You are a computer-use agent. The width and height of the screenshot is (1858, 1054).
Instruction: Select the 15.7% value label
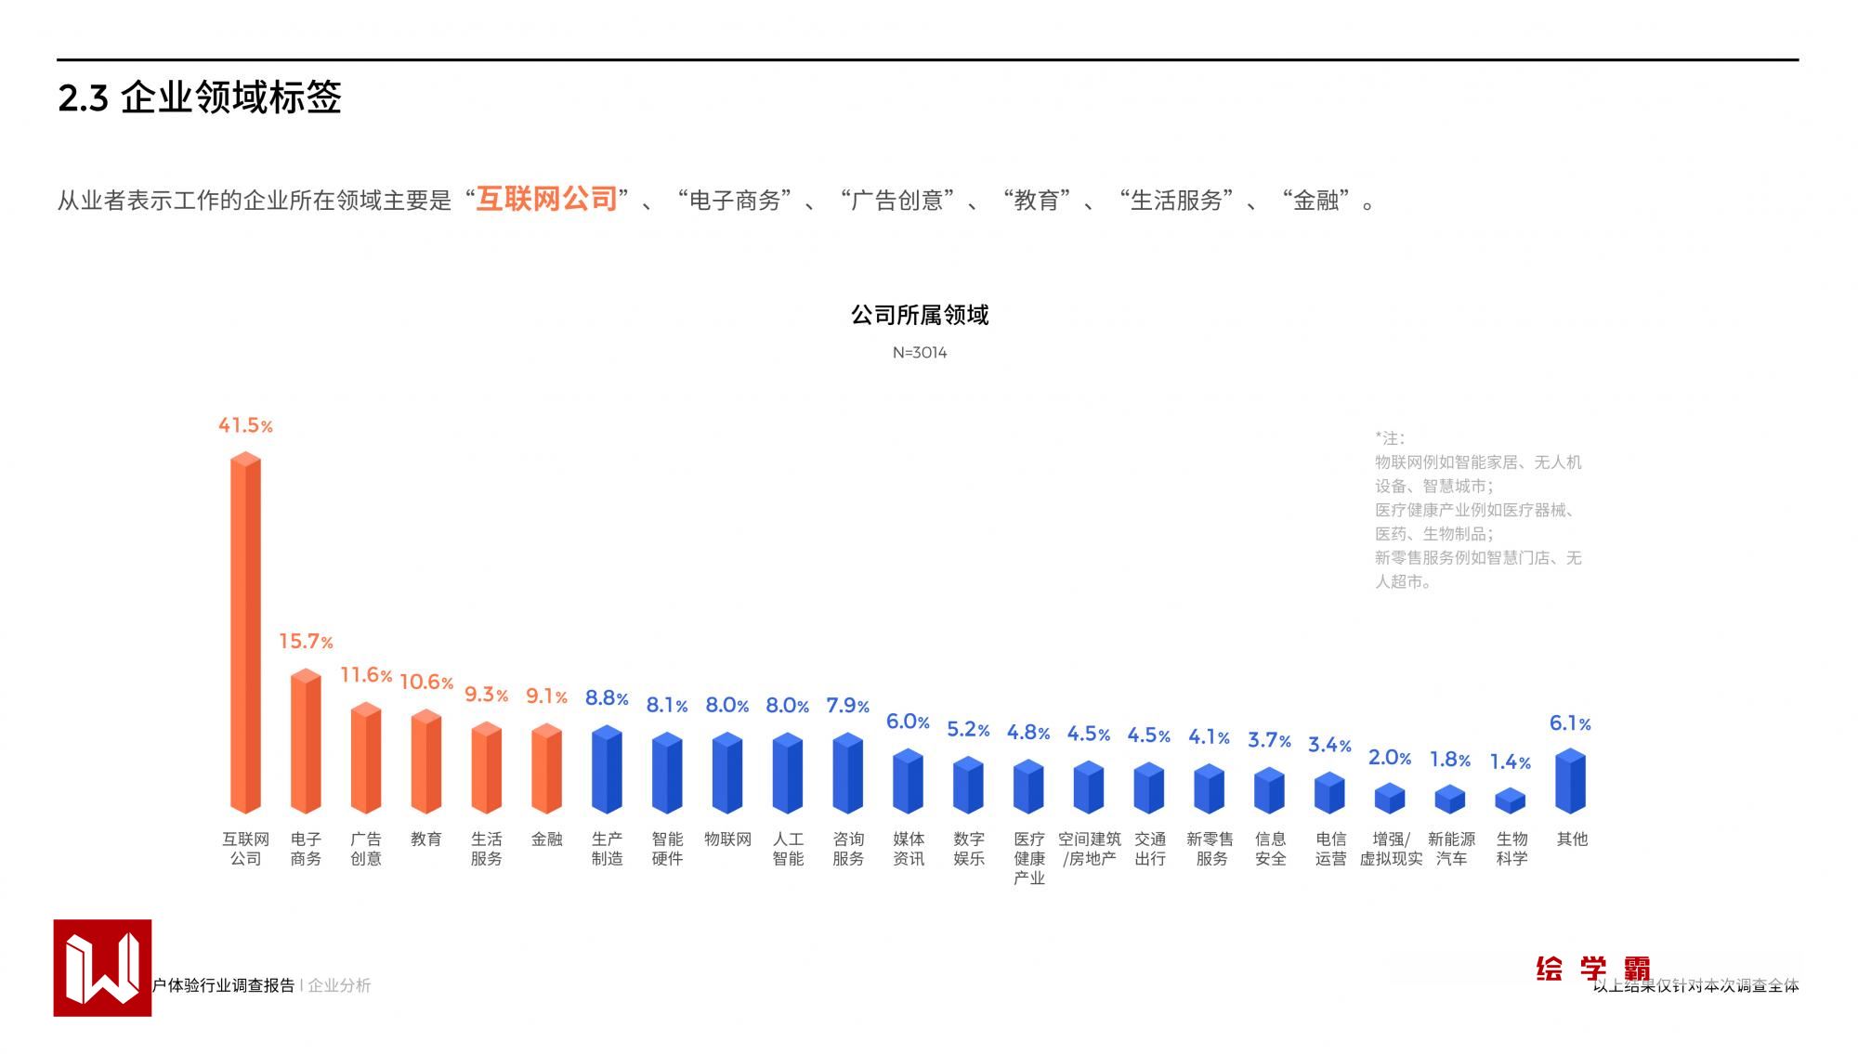click(x=306, y=642)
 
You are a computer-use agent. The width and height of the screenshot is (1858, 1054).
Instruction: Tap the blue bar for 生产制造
click(x=607, y=770)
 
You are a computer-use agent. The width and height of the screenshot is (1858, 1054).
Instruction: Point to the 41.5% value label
click(x=245, y=425)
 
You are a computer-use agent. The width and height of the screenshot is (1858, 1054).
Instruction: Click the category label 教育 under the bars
click(x=426, y=839)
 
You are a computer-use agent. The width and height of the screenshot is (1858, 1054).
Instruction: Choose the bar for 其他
click(x=1570, y=782)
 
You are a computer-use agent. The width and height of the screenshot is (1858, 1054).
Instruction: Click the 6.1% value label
click(x=1570, y=723)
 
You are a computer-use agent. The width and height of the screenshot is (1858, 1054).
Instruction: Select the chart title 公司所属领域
click(x=920, y=316)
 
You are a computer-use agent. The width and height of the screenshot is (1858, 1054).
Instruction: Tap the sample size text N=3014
click(x=920, y=353)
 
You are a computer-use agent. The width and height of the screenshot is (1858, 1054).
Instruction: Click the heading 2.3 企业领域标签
click(x=200, y=98)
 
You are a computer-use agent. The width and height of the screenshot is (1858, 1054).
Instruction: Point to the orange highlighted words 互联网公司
click(x=546, y=199)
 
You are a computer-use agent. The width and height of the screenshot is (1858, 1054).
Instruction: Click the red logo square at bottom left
click(x=102, y=968)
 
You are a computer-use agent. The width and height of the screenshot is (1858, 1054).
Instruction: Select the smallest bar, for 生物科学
click(x=1510, y=800)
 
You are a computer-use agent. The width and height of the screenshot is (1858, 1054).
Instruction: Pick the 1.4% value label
click(x=1510, y=762)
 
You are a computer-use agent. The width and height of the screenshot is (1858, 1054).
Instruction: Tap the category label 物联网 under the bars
click(x=727, y=839)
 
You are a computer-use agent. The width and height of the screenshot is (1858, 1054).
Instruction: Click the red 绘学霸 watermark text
click(x=1592, y=969)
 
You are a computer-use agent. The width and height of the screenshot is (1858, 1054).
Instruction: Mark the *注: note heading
click(x=1390, y=438)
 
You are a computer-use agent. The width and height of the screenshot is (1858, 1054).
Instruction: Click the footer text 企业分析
click(x=339, y=985)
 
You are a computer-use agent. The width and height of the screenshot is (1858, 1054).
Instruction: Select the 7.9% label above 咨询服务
click(x=847, y=706)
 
